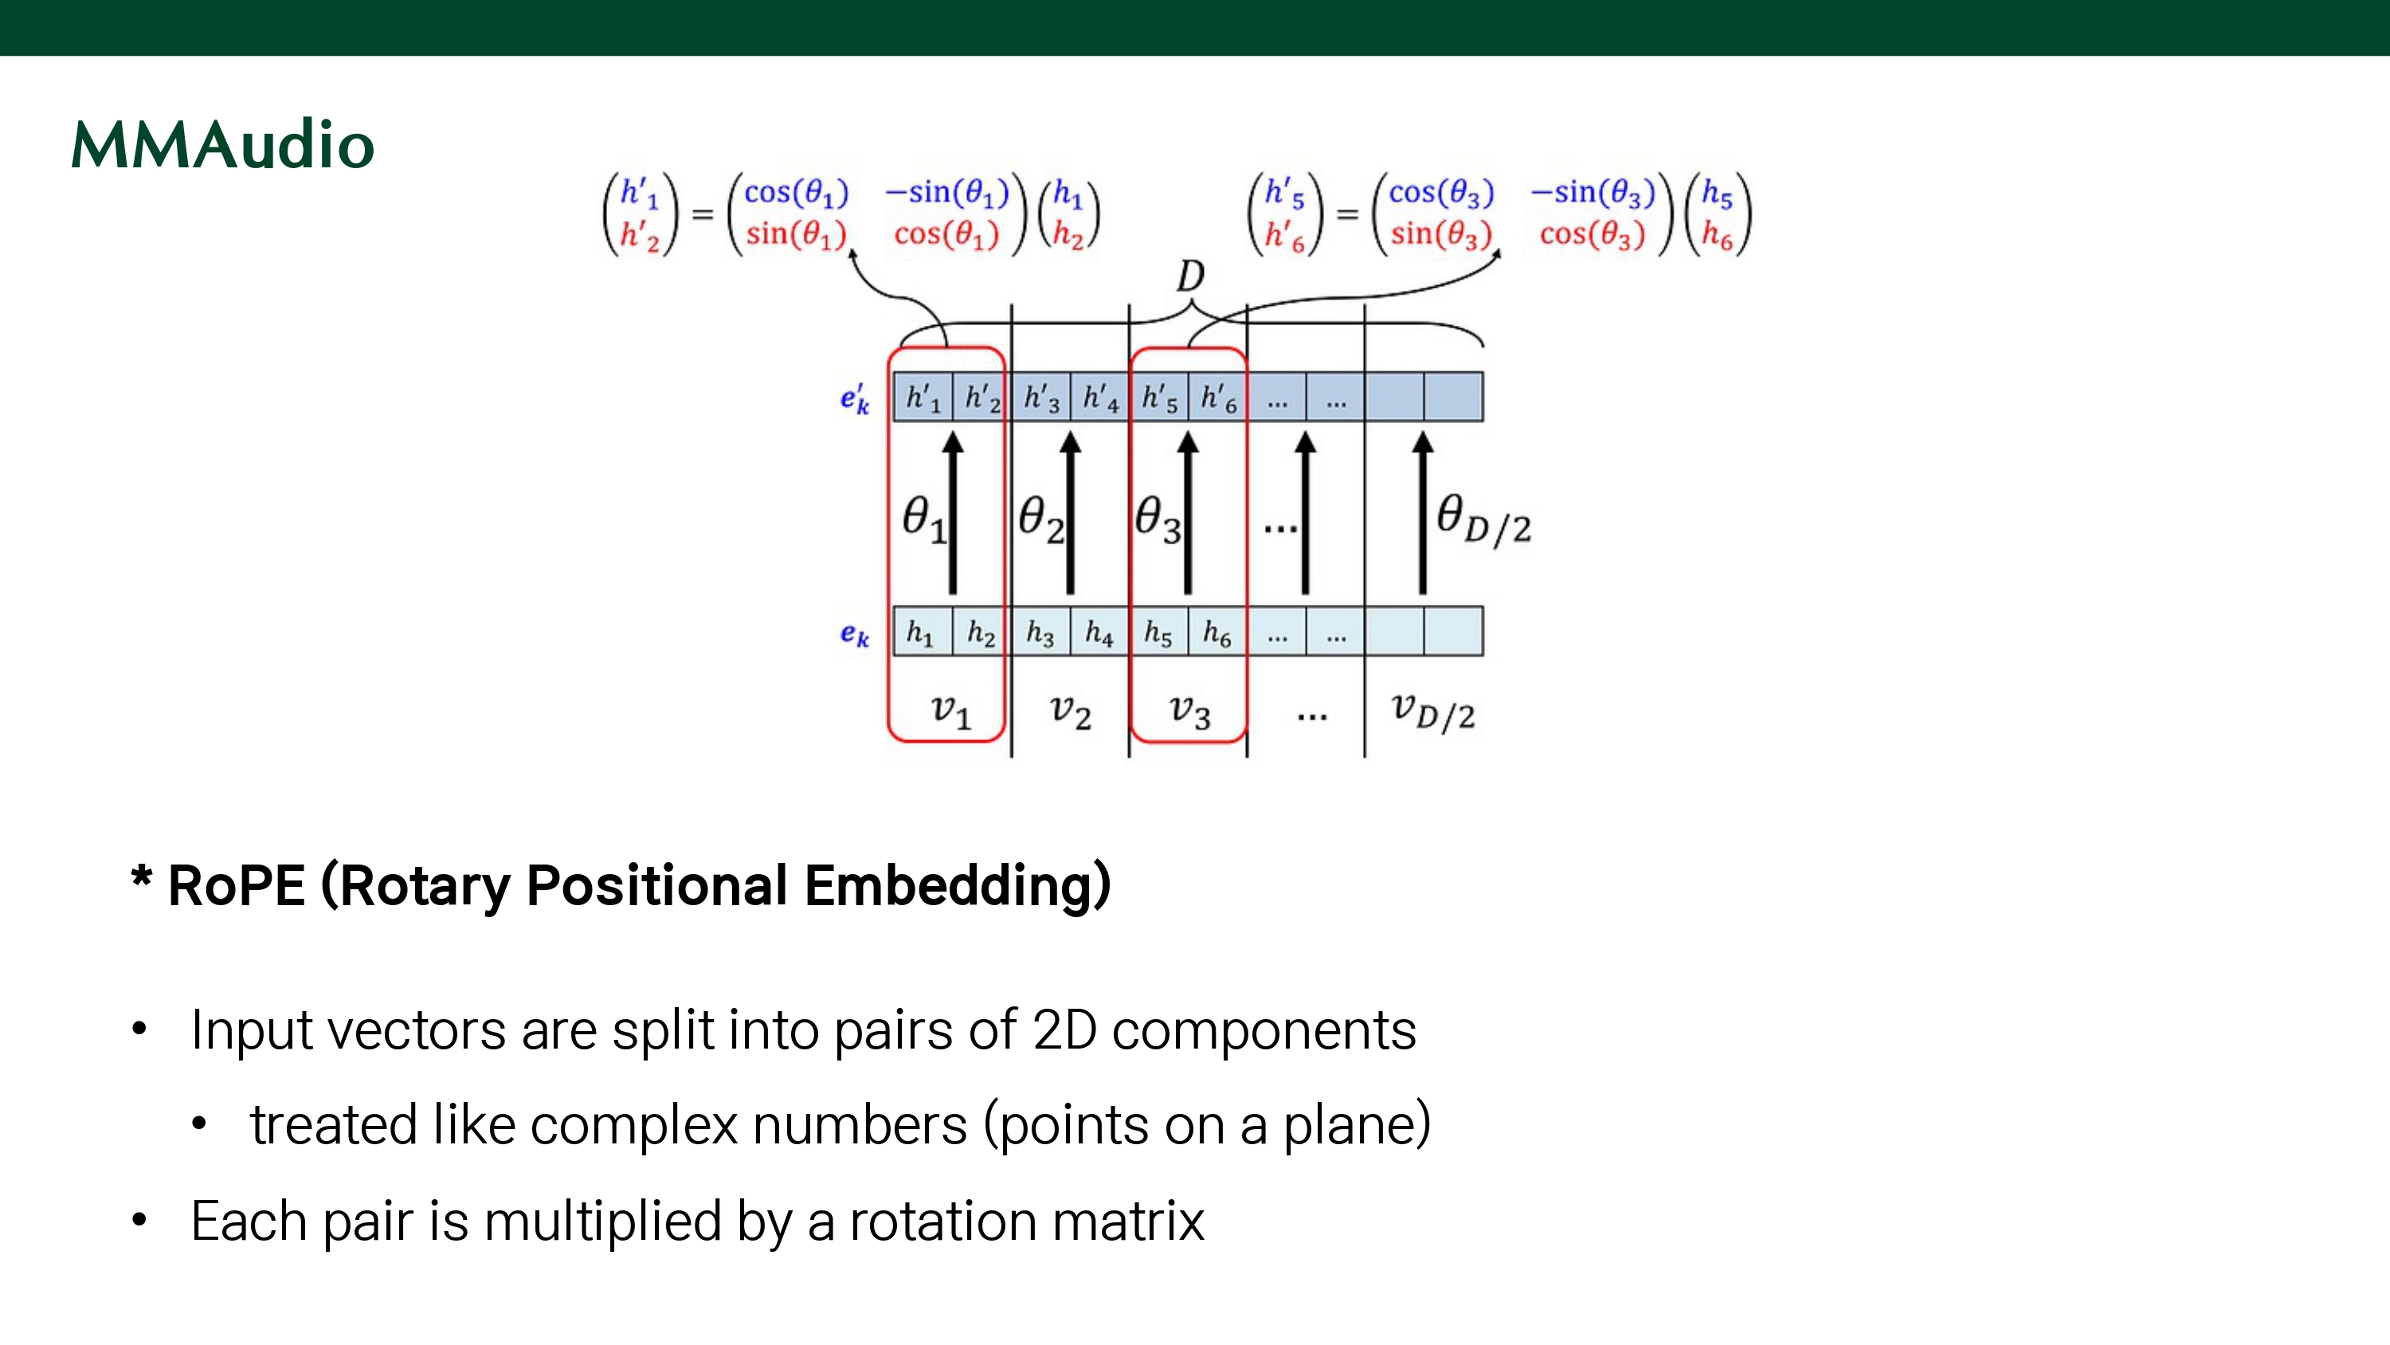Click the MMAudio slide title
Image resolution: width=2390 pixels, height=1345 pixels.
click(223, 146)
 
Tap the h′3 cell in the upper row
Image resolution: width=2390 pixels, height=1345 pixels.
click(1041, 398)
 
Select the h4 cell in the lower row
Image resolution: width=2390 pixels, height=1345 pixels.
click(1099, 632)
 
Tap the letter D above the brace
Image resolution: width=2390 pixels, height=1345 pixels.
click(1190, 276)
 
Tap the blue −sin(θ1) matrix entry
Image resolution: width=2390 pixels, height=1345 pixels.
click(947, 193)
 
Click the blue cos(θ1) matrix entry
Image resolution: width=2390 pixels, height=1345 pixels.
click(796, 193)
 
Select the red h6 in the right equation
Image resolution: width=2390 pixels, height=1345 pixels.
click(1717, 236)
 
